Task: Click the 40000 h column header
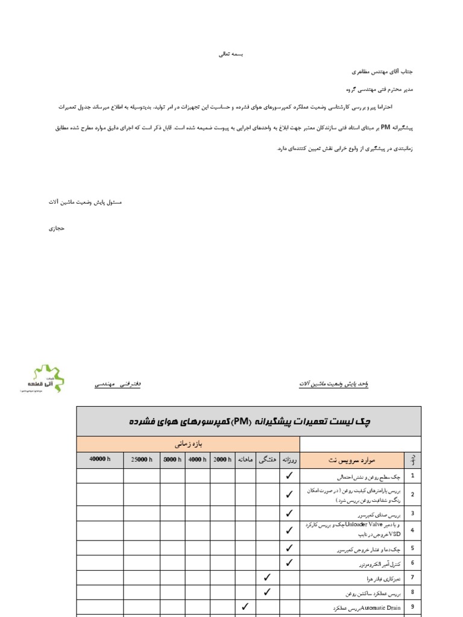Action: [x=100, y=460]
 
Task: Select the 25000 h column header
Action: [x=142, y=460]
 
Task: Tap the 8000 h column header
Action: [x=172, y=460]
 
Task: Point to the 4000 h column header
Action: [x=197, y=460]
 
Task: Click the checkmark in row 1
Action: [x=289, y=475]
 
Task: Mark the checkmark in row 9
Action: [x=245, y=606]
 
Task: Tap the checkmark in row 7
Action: [x=268, y=577]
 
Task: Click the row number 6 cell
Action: [x=412, y=563]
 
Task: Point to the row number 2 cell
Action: [x=412, y=494]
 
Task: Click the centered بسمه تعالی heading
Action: [x=232, y=54]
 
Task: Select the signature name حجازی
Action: [x=55, y=228]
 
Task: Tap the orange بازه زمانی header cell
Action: [x=187, y=444]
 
